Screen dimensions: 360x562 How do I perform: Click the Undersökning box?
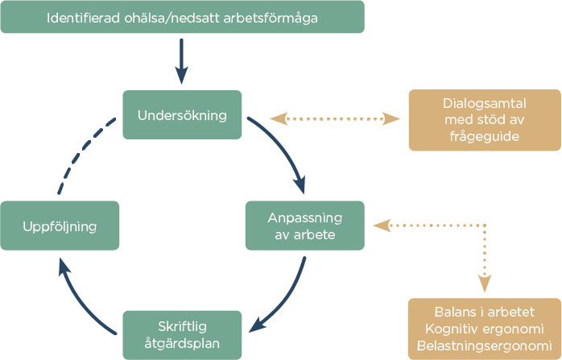pos(182,114)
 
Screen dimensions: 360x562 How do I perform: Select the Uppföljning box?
pos(60,226)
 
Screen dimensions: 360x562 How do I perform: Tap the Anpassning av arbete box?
pos(304,226)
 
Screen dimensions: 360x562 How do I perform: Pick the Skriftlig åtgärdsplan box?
pos(182,335)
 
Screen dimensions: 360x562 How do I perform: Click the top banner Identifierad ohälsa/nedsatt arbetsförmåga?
pos(182,17)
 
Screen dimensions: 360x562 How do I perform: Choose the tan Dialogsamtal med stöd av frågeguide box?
pos(485,120)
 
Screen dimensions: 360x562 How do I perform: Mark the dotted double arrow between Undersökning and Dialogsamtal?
pos(334,119)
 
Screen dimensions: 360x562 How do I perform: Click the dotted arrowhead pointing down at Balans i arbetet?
pos(484,283)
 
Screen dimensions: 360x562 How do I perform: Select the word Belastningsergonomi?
pos(485,346)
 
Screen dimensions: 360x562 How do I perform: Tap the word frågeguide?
pos(485,137)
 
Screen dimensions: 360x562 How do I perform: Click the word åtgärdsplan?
pos(182,344)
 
